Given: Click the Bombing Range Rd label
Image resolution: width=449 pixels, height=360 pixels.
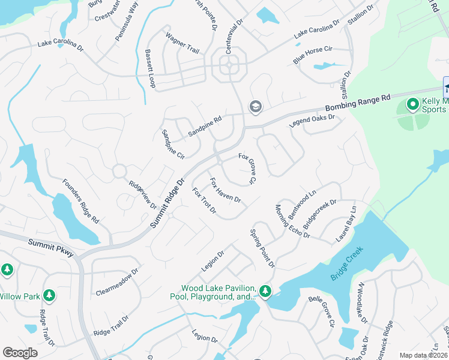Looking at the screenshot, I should pyautogui.click(x=357, y=103).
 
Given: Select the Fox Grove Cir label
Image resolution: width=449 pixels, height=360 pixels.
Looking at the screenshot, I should pyautogui.click(x=247, y=169).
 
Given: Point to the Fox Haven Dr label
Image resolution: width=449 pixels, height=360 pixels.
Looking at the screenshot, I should pyautogui.click(x=225, y=190).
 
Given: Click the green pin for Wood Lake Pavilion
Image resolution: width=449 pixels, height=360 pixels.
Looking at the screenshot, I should pyautogui.click(x=265, y=292).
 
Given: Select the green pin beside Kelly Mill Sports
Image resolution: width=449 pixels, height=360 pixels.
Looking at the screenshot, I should pyautogui.click(x=412, y=105).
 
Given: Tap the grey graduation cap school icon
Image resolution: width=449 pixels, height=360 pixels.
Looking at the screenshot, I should pyautogui.click(x=255, y=106).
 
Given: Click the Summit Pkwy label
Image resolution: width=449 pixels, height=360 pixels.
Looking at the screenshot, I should pyautogui.click(x=50, y=248).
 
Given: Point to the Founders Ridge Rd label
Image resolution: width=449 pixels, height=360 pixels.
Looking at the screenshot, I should pyautogui.click(x=81, y=202).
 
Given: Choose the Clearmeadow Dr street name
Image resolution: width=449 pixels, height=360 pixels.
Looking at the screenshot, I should pyautogui.click(x=117, y=282).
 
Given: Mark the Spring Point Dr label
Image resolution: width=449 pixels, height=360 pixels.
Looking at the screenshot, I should pyautogui.click(x=262, y=248).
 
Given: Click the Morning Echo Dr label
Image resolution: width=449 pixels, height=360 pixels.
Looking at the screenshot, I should pyautogui.click(x=292, y=221).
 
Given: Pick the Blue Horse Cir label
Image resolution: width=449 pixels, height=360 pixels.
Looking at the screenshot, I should pyautogui.click(x=312, y=55).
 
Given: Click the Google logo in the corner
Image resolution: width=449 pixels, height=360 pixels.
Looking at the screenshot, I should pyautogui.click(x=20, y=352).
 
